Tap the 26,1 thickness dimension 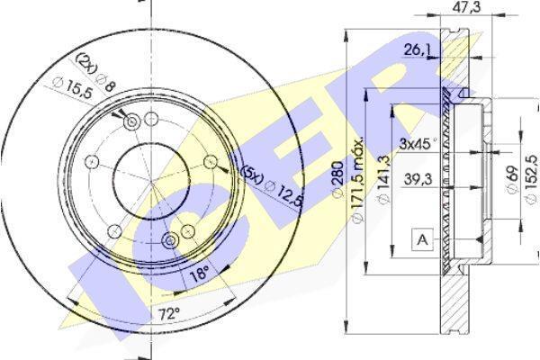[417, 50]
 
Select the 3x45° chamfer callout [418, 143]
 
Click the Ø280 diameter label [338, 179]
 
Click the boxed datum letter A [422, 239]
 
